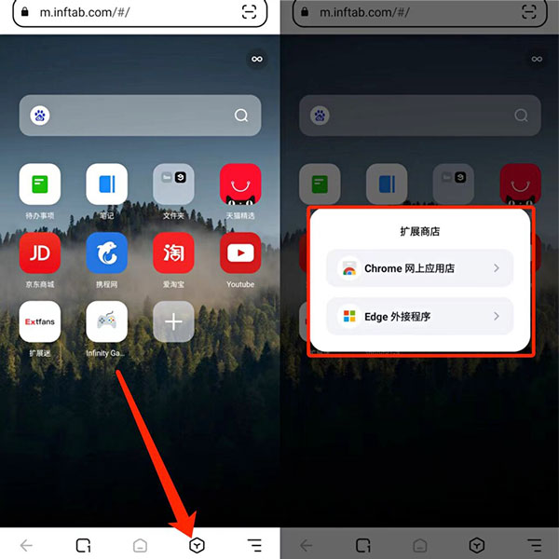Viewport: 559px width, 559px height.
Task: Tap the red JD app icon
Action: tap(39, 253)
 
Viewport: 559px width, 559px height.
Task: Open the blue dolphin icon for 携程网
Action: tap(106, 253)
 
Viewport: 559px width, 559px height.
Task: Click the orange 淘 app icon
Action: tap(173, 253)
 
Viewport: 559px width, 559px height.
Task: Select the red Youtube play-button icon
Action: tap(240, 253)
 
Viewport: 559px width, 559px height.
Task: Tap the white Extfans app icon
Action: tap(39, 321)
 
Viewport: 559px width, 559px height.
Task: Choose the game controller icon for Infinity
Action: tap(106, 321)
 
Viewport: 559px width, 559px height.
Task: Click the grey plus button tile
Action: tap(173, 321)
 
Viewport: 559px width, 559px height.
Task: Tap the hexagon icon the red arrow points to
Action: tap(197, 545)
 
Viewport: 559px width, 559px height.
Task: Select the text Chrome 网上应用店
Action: tap(409, 268)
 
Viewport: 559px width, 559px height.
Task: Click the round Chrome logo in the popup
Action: tap(349, 268)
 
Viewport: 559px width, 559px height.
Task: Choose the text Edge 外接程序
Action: tap(397, 317)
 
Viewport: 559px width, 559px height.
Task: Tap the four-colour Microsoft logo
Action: tap(349, 317)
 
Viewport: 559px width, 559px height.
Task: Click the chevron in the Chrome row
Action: tap(497, 268)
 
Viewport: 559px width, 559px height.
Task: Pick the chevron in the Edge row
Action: tap(497, 317)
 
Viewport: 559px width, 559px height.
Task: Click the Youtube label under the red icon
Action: tap(240, 284)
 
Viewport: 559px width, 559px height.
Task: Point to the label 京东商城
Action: tap(39, 284)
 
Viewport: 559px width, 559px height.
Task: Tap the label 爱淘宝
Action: tap(173, 284)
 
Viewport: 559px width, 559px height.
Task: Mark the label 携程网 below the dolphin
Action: tap(106, 284)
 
